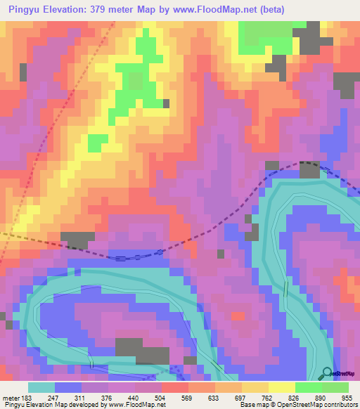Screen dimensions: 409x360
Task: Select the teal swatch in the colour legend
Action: click(41, 387)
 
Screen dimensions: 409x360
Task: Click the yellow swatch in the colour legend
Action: click(282, 387)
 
